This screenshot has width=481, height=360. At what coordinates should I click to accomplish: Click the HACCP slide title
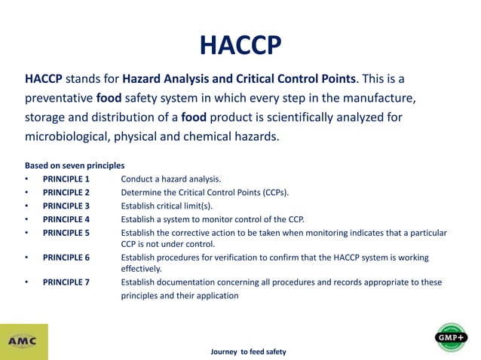click(240, 44)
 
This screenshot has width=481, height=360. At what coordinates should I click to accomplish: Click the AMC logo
click(23, 341)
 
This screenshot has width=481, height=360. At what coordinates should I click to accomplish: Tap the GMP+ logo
click(451, 337)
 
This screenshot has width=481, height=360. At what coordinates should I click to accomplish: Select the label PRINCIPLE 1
click(66, 179)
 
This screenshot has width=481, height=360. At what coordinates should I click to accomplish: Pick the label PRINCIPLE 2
click(66, 192)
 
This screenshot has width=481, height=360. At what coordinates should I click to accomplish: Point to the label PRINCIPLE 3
click(66, 206)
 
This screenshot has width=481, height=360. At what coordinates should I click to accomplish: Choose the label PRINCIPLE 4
click(66, 219)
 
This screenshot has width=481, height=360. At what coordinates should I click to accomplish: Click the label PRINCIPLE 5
click(66, 233)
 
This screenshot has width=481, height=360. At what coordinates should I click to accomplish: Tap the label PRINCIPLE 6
click(66, 257)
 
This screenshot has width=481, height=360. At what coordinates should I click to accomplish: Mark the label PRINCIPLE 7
click(66, 282)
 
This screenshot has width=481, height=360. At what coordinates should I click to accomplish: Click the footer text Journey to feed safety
click(248, 352)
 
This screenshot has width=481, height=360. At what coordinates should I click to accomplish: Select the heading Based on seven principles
click(75, 165)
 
